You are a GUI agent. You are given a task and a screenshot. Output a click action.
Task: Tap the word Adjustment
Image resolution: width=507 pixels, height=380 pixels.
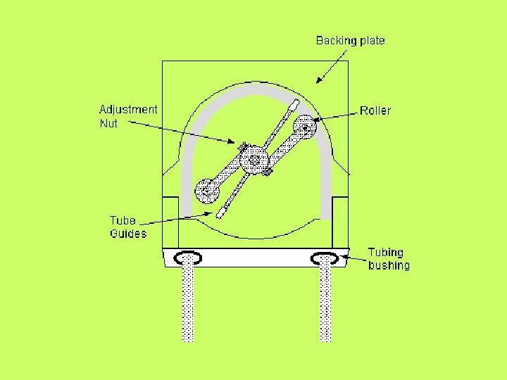click(128, 110)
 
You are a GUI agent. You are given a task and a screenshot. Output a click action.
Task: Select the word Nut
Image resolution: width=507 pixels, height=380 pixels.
click(108, 124)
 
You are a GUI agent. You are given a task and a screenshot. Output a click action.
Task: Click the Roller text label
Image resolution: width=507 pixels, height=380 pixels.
click(375, 110)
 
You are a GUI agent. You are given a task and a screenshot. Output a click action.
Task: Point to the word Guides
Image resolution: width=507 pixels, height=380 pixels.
click(128, 234)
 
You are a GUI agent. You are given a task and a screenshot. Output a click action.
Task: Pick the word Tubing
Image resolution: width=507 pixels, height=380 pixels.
click(386, 252)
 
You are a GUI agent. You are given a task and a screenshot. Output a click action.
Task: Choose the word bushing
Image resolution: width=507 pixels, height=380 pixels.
click(389, 265)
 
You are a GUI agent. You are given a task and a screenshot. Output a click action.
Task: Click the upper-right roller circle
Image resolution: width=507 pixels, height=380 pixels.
click(305, 126)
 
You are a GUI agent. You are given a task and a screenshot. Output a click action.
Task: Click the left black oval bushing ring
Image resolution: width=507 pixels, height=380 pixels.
click(188, 258)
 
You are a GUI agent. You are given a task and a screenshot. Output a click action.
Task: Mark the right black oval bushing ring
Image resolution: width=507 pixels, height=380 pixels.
click(325, 258)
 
